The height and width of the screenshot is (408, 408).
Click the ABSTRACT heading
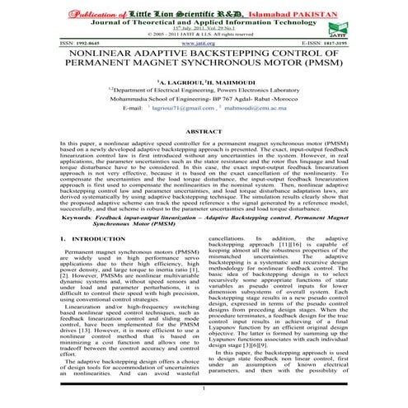point(204,131)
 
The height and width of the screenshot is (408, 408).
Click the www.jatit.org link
point(203,40)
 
